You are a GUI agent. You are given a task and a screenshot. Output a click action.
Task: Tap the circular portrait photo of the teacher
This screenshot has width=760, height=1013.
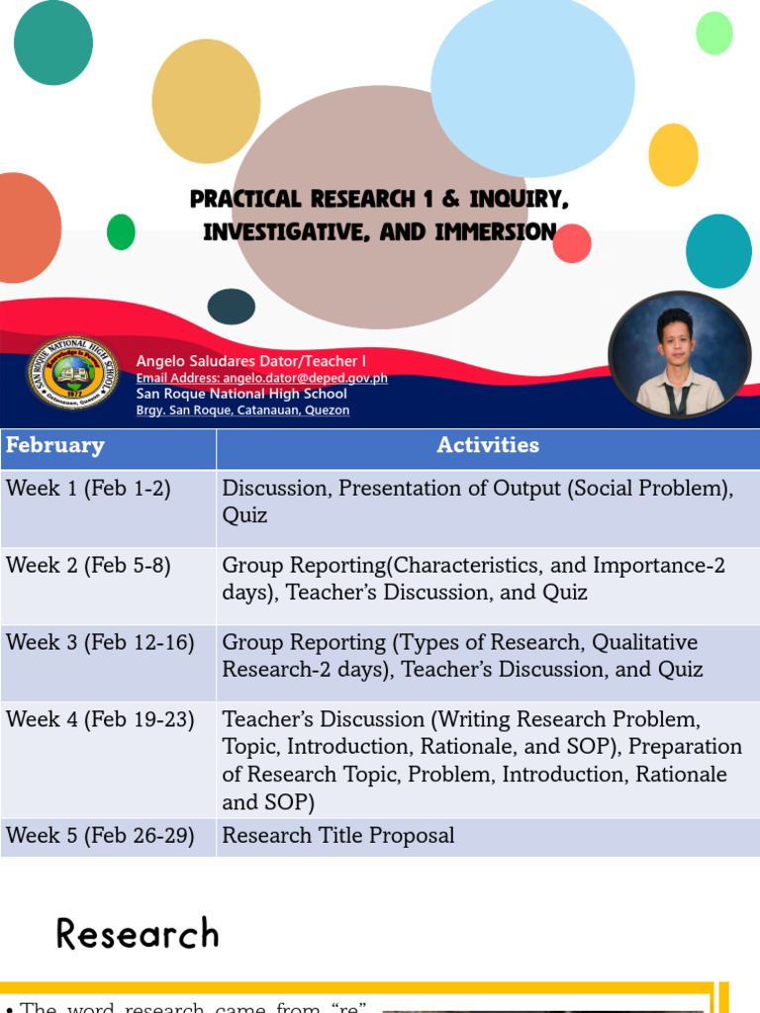click(680, 355)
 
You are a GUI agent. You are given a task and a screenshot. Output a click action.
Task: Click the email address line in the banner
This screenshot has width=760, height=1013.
click(261, 378)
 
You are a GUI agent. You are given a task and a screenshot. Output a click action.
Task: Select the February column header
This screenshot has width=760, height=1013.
click(55, 446)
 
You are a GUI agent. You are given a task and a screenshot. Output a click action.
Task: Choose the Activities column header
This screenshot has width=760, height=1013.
click(488, 446)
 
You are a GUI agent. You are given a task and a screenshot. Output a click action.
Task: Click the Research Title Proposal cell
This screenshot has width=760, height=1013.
click(338, 836)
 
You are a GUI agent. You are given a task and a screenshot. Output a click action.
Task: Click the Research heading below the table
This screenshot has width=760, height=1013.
click(138, 934)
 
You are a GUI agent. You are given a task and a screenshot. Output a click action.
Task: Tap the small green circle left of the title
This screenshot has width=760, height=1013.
click(121, 231)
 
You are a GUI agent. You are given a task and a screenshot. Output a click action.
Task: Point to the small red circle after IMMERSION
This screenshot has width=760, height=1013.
click(572, 243)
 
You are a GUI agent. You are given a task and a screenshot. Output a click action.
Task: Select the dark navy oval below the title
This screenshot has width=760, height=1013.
click(232, 307)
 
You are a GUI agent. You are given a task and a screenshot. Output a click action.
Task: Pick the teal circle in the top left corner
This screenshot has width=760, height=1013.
click(53, 42)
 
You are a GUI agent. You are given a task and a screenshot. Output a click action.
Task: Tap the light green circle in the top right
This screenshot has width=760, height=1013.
click(713, 34)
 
